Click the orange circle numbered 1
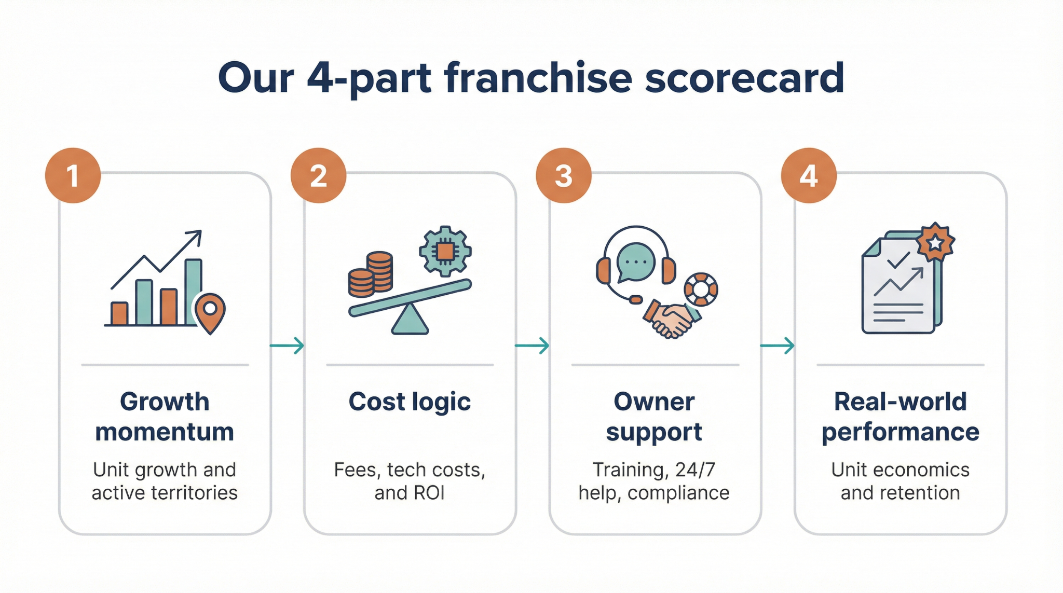pyautogui.click(x=73, y=175)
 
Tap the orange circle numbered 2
pyautogui.click(x=318, y=175)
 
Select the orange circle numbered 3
pyautogui.click(x=564, y=175)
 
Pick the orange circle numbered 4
pyautogui.click(x=809, y=175)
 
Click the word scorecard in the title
pyautogui.click(x=745, y=78)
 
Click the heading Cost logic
pyautogui.click(x=410, y=402)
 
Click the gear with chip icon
pyautogui.click(x=445, y=251)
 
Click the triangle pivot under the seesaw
pyautogui.click(x=410, y=319)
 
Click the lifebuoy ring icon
pyautogui.click(x=701, y=289)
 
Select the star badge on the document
pyautogui.click(x=935, y=242)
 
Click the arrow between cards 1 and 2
pyautogui.click(x=287, y=345)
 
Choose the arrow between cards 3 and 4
pyautogui.click(x=778, y=345)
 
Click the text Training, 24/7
pyautogui.click(x=654, y=470)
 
